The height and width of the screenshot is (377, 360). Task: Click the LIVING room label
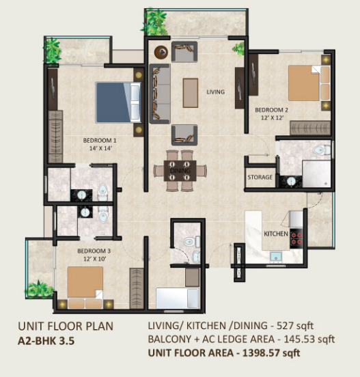point(216,92)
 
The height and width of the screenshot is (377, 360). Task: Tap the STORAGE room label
point(260,177)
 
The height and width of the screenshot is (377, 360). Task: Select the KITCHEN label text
point(276,234)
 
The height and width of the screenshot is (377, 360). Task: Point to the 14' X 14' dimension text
point(101,148)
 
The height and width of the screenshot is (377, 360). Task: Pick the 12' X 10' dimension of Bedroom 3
point(95,259)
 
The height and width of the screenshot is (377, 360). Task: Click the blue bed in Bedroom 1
point(118,102)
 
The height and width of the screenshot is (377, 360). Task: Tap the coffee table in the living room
point(191,93)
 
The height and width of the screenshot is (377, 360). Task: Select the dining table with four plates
point(180,171)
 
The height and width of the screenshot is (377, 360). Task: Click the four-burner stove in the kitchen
point(296,238)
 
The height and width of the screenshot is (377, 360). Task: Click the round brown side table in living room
point(161,52)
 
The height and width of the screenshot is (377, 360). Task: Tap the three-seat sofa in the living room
point(160,94)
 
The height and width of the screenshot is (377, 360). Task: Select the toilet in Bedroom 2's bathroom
point(322,150)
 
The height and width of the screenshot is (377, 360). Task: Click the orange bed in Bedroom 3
point(85,288)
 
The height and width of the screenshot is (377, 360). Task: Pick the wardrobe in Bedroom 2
point(310,128)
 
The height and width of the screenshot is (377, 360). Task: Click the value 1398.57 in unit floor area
point(260,353)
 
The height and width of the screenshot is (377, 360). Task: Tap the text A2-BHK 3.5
point(46,341)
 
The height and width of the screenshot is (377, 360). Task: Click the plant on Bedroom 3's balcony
point(39,290)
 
